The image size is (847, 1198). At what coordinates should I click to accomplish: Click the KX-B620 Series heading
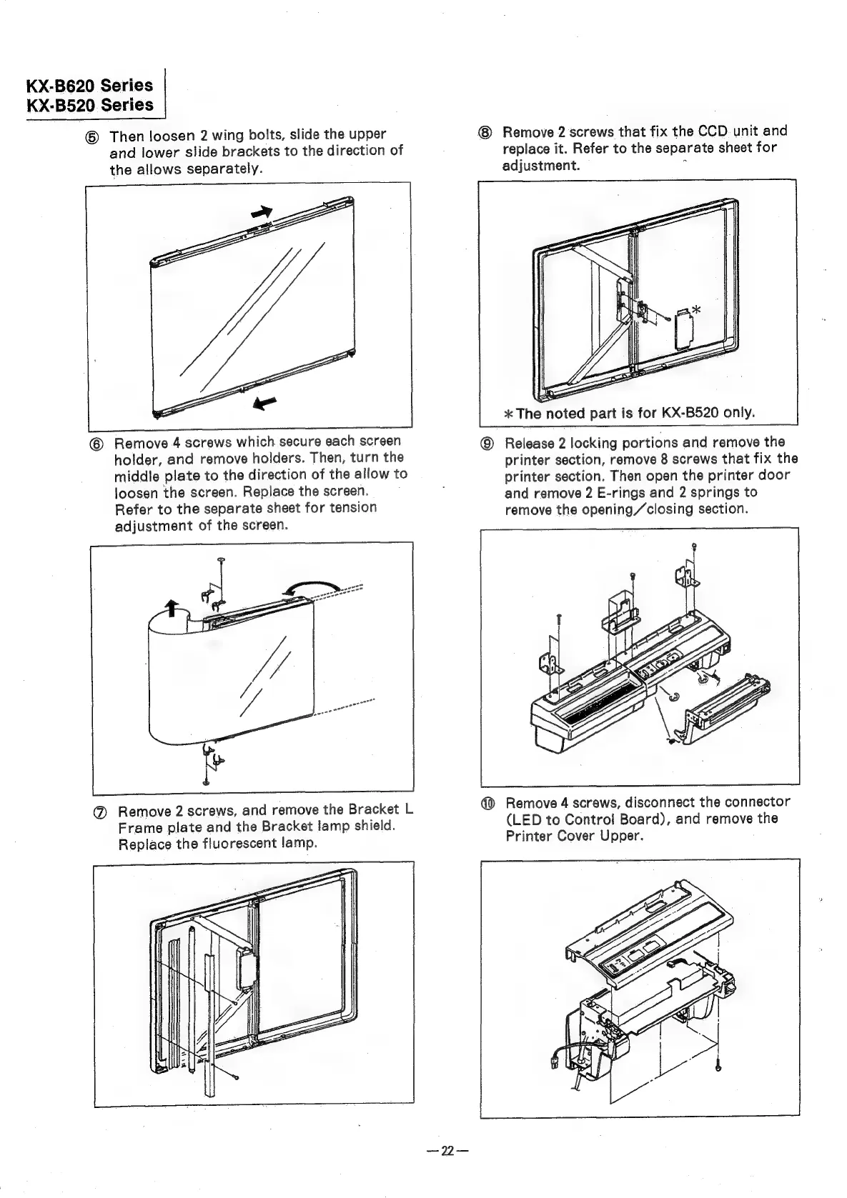tap(89, 86)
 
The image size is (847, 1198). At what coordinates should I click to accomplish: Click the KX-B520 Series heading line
tap(89, 105)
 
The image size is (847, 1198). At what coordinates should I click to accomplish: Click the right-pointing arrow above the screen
tap(262, 211)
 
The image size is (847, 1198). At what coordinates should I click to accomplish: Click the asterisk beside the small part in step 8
tap(695, 309)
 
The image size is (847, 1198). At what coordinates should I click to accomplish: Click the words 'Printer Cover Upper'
tap(575, 836)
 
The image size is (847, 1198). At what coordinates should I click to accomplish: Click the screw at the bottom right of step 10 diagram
tap(718, 1087)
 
